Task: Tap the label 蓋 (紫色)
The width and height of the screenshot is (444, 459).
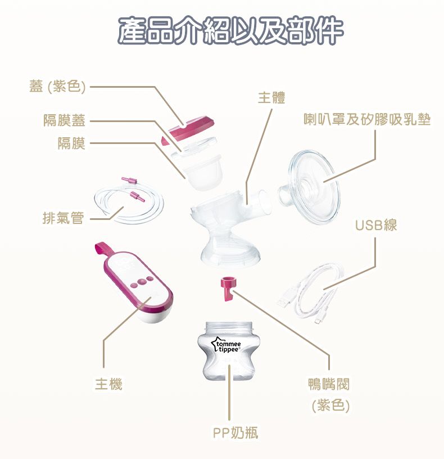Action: pyautogui.click(x=57, y=87)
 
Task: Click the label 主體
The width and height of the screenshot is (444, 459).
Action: pyautogui.click(x=271, y=98)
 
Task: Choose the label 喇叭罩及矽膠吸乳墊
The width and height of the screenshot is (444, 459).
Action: pyautogui.click(x=367, y=119)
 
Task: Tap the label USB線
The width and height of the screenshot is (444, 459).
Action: pyautogui.click(x=376, y=225)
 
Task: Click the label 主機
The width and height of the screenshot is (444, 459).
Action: pyautogui.click(x=108, y=384)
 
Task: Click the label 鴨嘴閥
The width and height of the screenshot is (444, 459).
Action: pyautogui.click(x=329, y=384)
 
